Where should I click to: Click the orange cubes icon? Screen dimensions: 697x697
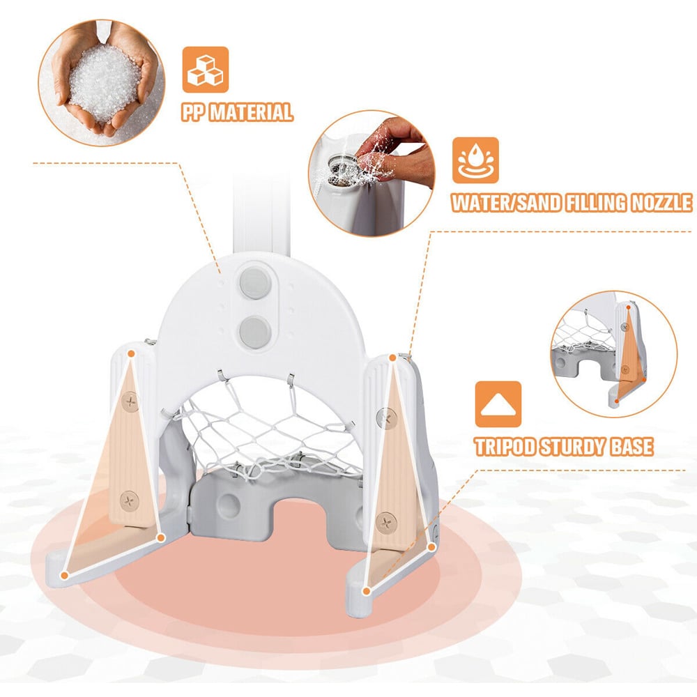tap(206, 70)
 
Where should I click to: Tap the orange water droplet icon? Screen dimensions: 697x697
tap(475, 160)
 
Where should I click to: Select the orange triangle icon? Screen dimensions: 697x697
tap(498, 404)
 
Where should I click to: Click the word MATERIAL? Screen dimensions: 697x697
tap(251, 112)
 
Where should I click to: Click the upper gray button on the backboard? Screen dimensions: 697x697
tap(255, 282)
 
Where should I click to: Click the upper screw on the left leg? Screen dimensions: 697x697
tap(130, 402)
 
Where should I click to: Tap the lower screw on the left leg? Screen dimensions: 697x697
tap(130, 502)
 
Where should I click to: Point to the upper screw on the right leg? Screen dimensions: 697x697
tap(386, 418)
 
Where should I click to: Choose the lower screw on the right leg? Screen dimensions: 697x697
tap(385, 522)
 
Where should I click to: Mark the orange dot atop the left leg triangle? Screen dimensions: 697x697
tap(131, 354)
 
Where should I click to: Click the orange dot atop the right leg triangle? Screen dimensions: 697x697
tap(392, 358)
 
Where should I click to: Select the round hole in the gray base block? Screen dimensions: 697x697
tap(229, 505)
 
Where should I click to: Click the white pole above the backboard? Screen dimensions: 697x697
tap(261, 213)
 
